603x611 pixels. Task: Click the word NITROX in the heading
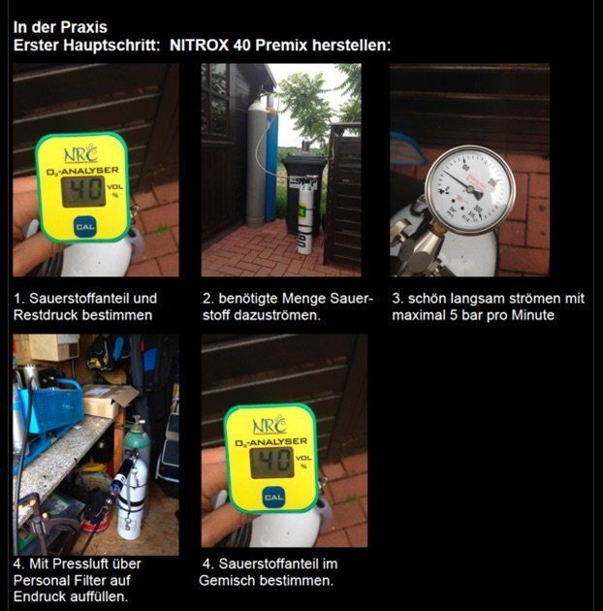[x=199, y=46]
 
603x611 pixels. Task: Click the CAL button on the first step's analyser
[x=84, y=227]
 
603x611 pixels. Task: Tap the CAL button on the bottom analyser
[x=273, y=498]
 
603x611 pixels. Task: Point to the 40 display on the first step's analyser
[x=83, y=191]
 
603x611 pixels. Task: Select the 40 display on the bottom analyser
[x=271, y=463]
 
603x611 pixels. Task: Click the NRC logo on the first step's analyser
[x=81, y=153]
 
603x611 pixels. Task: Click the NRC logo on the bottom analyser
[x=270, y=425]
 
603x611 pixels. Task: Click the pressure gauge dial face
[x=470, y=190]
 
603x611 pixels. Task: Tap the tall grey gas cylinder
[x=257, y=162]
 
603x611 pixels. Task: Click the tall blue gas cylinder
[x=271, y=164]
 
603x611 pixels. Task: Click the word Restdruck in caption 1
[x=44, y=315]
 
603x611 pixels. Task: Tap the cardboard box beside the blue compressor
[x=109, y=402]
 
